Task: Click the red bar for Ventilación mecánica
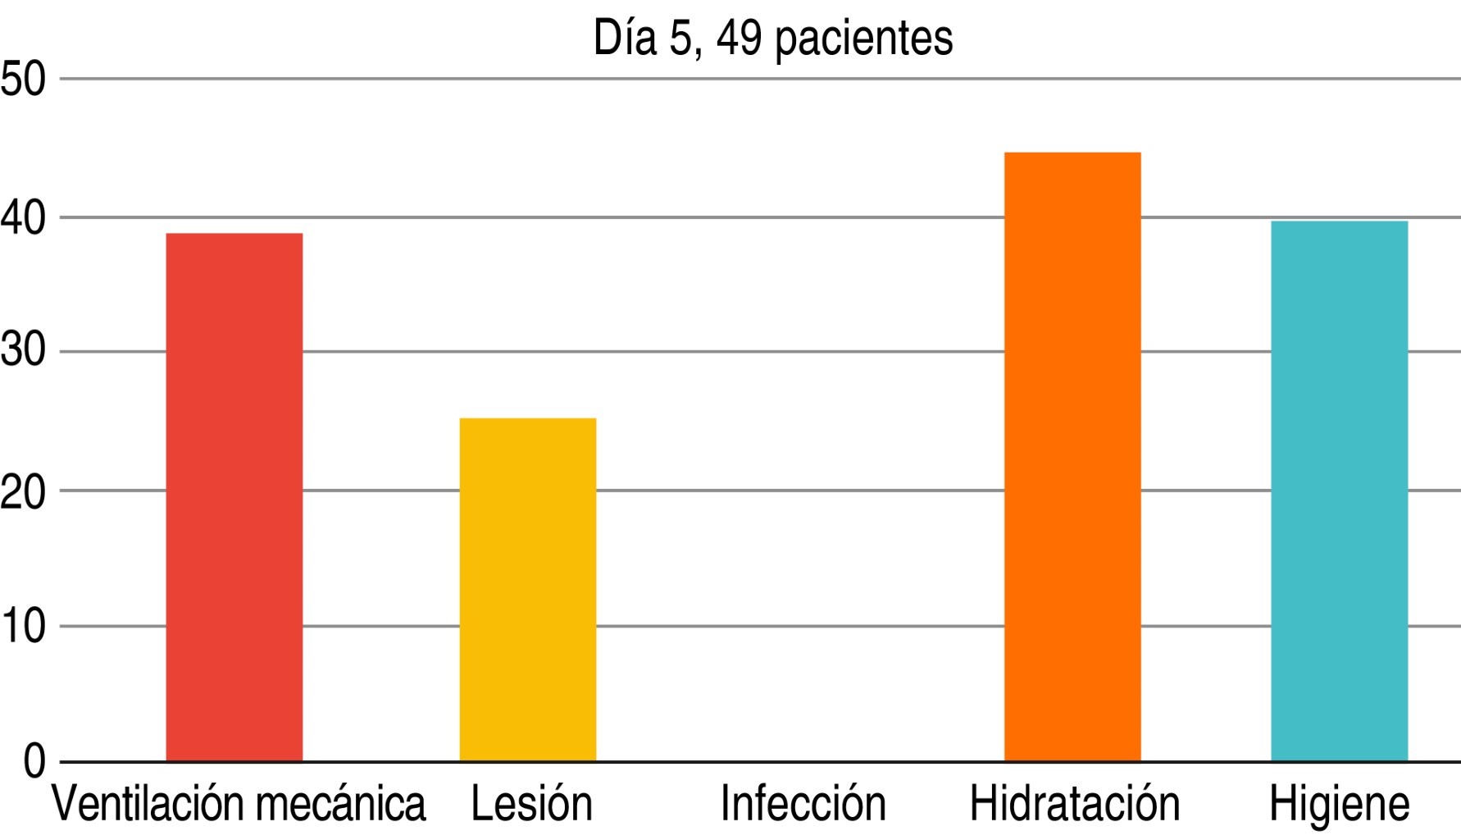click(x=234, y=497)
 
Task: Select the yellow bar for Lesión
click(x=527, y=589)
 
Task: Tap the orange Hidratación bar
click(x=1072, y=456)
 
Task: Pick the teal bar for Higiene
click(x=1339, y=491)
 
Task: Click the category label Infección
click(x=803, y=804)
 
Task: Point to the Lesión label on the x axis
click(x=531, y=804)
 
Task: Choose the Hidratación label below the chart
click(x=1074, y=804)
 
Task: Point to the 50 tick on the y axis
click(x=23, y=80)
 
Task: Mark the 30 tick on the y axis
click(x=23, y=352)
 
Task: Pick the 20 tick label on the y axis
click(x=23, y=491)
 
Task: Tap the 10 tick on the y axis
click(x=23, y=627)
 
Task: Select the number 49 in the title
click(x=740, y=38)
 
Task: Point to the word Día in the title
click(x=625, y=38)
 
